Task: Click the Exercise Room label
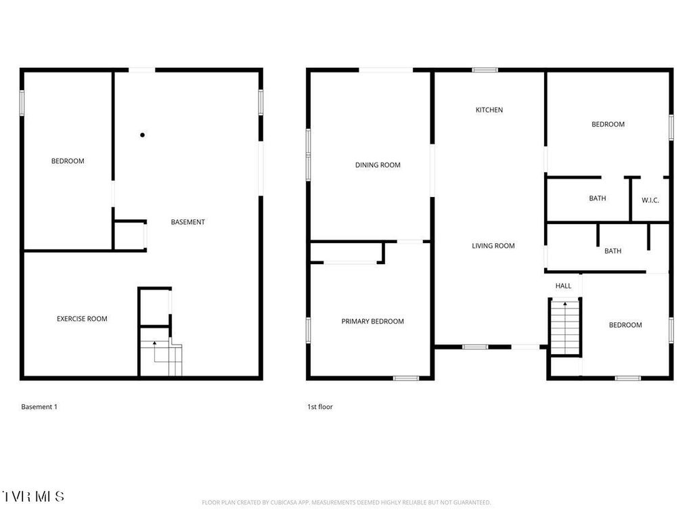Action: [82, 319]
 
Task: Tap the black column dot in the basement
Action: [142, 135]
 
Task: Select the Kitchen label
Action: [489, 110]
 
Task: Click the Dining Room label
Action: [378, 165]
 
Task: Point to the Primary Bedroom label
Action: [372, 322]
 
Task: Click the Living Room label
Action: [493, 246]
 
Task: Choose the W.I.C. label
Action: [650, 200]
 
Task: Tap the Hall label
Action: [563, 286]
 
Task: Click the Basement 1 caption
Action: [39, 407]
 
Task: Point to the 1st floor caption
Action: [320, 407]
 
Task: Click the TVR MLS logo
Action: [32, 496]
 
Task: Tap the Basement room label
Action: [187, 222]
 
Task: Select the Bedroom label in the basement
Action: [68, 161]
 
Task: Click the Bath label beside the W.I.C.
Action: [598, 198]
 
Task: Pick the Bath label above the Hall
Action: [612, 251]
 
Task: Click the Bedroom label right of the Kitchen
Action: [608, 125]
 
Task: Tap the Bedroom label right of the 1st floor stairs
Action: [625, 325]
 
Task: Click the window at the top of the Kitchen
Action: [485, 70]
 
